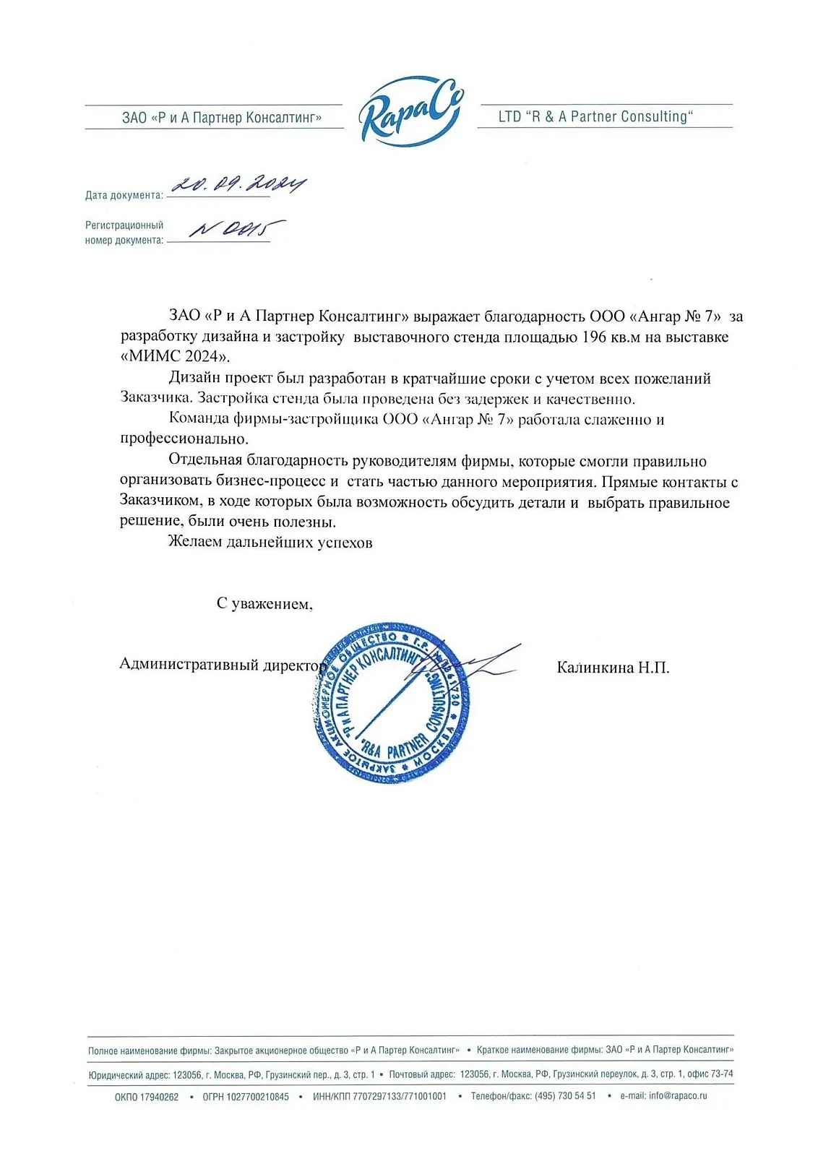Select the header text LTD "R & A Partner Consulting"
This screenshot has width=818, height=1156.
click(x=595, y=117)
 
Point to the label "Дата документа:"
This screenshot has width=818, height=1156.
click(x=124, y=195)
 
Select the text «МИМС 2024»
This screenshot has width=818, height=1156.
click(x=174, y=356)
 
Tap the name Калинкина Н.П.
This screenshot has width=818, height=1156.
click(x=613, y=668)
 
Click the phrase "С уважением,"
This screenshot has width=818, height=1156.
click(x=264, y=604)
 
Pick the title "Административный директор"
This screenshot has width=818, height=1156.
click(x=223, y=665)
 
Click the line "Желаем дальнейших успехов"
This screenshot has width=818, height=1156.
click(x=270, y=543)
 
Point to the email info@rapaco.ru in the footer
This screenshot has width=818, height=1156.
click(x=678, y=1096)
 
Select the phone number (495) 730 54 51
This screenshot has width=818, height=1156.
click(x=565, y=1096)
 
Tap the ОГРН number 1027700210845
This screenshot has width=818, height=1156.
click(x=257, y=1097)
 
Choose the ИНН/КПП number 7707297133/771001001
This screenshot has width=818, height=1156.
click(x=400, y=1096)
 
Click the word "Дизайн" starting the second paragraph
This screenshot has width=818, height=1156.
click(x=194, y=379)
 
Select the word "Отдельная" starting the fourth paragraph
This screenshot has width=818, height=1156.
click(x=205, y=461)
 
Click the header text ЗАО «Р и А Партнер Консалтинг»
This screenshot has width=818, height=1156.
click(x=222, y=118)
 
